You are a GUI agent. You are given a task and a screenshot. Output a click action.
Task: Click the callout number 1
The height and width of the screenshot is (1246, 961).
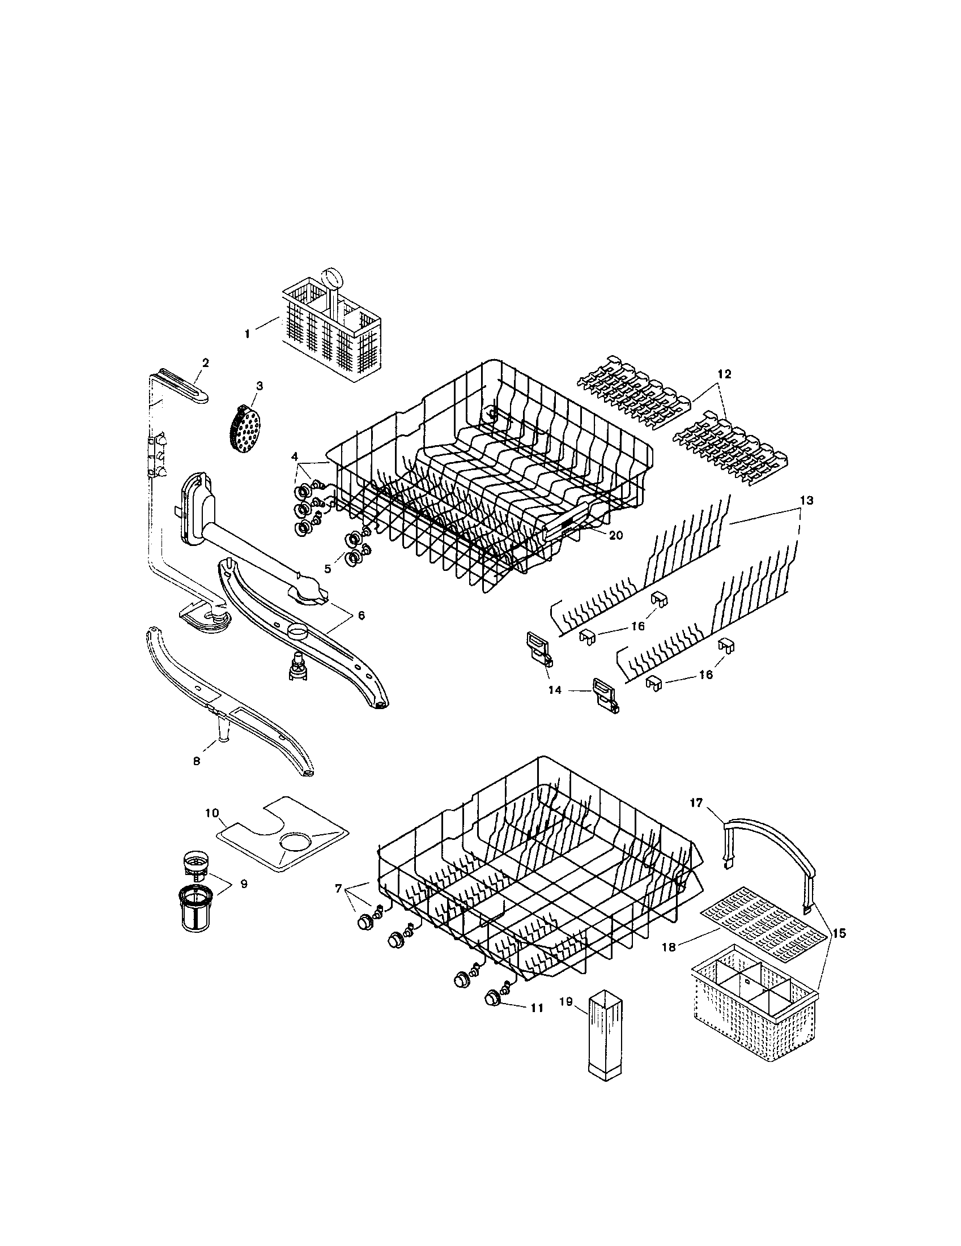(247, 334)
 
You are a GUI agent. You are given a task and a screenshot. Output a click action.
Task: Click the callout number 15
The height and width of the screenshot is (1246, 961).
(838, 934)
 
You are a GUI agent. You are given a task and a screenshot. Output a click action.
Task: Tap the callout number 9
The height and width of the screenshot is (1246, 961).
(244, 900)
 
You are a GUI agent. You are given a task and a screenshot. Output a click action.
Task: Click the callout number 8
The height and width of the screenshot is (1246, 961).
(197, 761)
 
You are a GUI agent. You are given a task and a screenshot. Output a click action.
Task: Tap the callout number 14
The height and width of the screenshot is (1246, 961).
(555, 690)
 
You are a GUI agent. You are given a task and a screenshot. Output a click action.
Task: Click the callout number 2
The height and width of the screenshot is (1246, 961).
(206, 362)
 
